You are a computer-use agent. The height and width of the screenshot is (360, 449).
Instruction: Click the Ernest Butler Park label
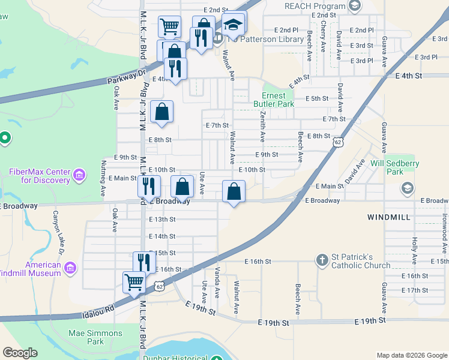(x=278, y=100)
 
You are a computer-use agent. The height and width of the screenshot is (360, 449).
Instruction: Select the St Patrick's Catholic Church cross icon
(x=322, y=260)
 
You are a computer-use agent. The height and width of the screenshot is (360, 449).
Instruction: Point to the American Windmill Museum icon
(x=70, y=266)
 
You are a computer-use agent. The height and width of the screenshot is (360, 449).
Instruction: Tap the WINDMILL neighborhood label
(x=389, y=216)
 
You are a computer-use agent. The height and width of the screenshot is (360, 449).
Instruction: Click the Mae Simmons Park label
(x=95, y=337)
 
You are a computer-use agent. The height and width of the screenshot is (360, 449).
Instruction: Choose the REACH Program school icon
(x=355, y=6)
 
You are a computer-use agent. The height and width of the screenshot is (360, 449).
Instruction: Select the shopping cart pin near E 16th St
(x=134, y=281)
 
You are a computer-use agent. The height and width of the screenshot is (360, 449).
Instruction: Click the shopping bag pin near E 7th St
(x=162, y=112)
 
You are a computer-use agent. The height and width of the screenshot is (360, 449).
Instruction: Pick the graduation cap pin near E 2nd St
(x=234, y=25)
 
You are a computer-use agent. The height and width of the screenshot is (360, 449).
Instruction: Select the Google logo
(x=20, y=353)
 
